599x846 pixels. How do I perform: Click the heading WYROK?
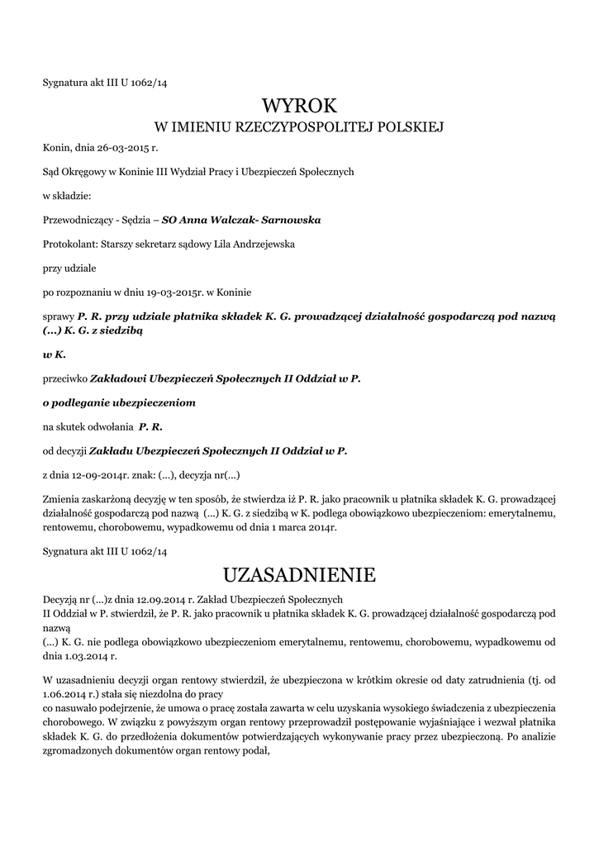(x=299, y=106)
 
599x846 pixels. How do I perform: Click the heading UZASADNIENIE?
(x=299, y=573)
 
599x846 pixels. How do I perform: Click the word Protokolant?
(x=69, y=244)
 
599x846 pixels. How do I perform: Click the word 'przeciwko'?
(x=63, y=378)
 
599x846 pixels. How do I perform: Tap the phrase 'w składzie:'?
(x=66, y=196)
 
